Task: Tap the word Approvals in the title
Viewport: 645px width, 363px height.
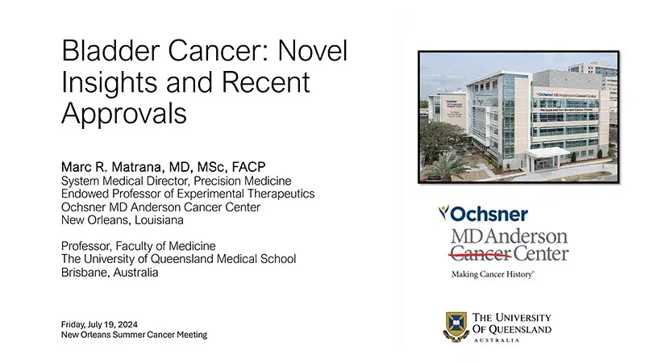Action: click(124, 114)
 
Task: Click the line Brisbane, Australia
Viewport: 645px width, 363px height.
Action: click(110, 272)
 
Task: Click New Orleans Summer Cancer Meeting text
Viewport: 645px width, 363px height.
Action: click(134, 334)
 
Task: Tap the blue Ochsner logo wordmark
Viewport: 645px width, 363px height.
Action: click(483, 214)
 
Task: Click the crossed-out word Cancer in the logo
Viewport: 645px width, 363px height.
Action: click(475, 254)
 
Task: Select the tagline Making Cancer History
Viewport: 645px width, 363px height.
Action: click(492, 274)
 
